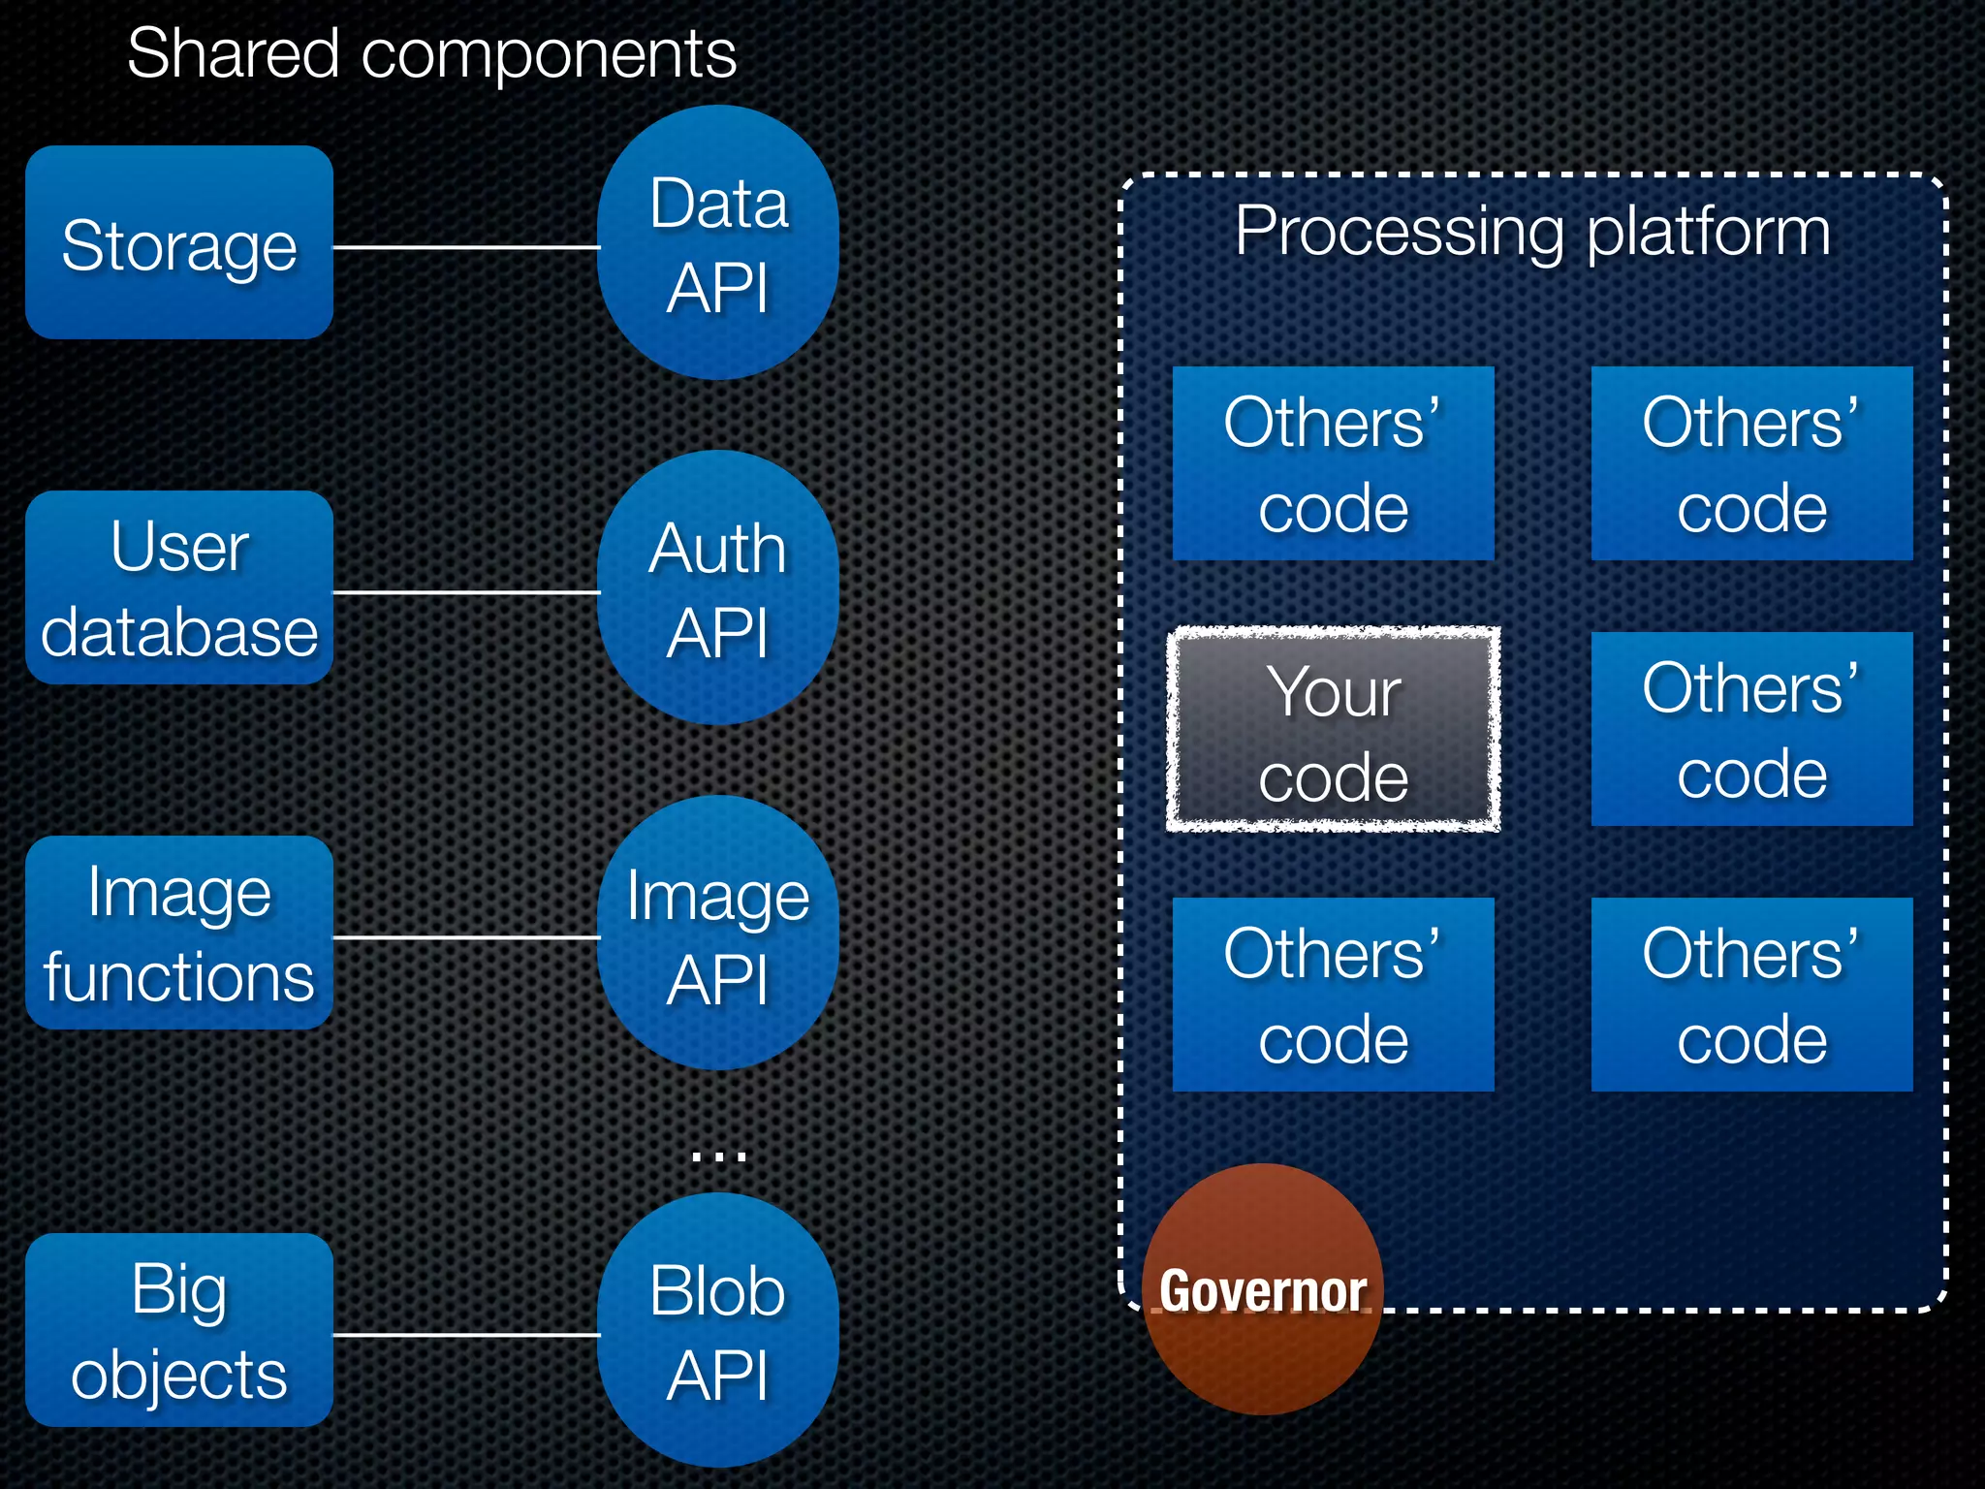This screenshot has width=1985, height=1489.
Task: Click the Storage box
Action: [179, 242]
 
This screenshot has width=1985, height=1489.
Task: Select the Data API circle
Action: [718, 243]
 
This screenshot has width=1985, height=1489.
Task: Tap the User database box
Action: [179, 587]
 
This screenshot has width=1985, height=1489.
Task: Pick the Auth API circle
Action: [718, 588]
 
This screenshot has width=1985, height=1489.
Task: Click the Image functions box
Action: [179, 933]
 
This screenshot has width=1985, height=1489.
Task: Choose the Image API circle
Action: [718, 934]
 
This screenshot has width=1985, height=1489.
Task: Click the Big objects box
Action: [179, 1330]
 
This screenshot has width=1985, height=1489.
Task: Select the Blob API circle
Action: [718, 1331]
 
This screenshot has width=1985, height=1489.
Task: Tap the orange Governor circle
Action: [1263, 1289]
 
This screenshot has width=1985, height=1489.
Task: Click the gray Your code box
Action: [1334, 730]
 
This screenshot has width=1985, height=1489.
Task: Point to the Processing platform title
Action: [1532, 232]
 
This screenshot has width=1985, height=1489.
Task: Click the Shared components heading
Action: [432, 53]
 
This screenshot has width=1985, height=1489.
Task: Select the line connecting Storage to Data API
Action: [465, 247]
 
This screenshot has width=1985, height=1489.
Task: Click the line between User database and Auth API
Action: [465, 591]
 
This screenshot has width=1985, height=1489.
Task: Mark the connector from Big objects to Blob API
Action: [465, 1335]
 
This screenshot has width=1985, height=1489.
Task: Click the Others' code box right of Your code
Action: [1751, 729]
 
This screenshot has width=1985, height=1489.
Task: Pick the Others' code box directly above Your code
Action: [1334, 463]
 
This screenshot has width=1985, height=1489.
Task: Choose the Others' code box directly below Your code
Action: [1334, 995]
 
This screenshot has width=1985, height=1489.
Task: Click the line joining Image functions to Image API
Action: [465, 937]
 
